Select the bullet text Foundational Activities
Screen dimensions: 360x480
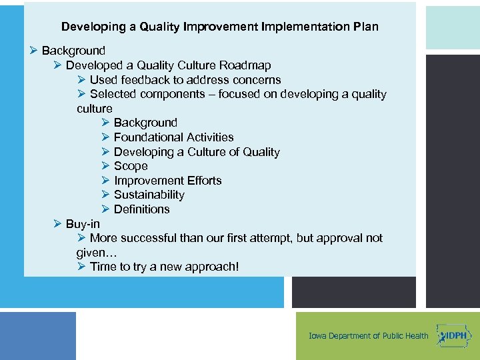click(x=173, y=137)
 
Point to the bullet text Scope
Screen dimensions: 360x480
click(x=131, y=166)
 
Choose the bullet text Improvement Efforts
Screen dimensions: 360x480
click(x=167, y=181)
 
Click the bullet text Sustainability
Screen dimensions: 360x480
click(x=149, y=195)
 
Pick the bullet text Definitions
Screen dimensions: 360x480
click(x=141, y=209)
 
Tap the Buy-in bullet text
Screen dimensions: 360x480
click(x=83, y=224)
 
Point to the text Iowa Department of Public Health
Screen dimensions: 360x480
click(x=369, y=336)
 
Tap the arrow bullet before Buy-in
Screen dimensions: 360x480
click(x=57, y=224)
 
